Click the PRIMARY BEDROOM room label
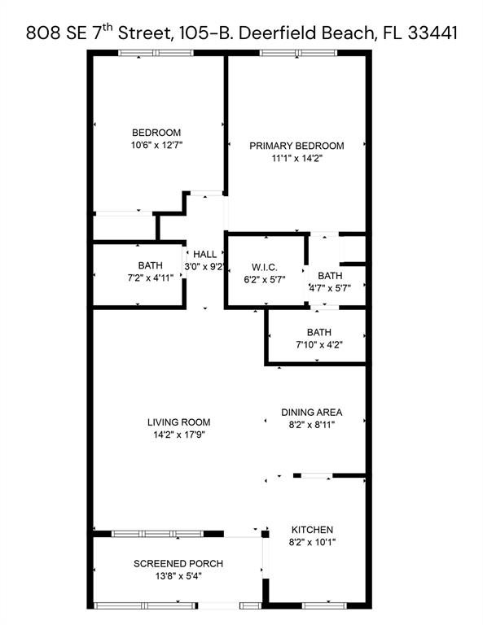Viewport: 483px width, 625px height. click(296, 146)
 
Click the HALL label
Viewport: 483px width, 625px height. click(204, 255)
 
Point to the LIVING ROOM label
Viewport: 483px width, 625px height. click(178, 422)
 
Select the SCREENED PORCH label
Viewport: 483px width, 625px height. click(178, 564)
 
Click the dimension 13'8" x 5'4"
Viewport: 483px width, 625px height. click(178, 577)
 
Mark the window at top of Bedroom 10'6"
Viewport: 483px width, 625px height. click(156, 54)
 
